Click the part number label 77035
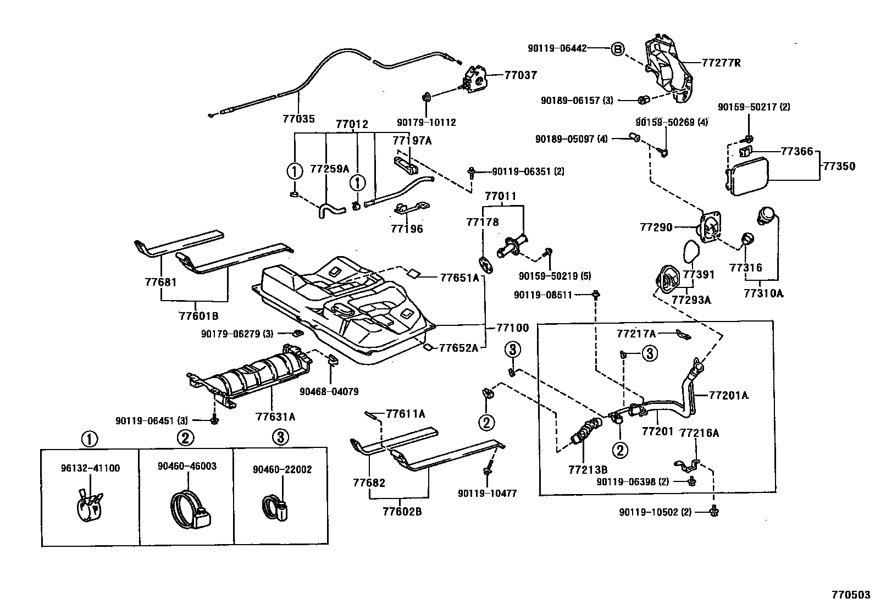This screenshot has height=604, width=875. (x=299, y=118)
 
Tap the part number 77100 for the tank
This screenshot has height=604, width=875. (x=512, y=328)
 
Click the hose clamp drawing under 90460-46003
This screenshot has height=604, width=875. (x=190, y=508)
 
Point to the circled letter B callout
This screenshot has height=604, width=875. (x=617, y=49)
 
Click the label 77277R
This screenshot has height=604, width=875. (x=721, y=63)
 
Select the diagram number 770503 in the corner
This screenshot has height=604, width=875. (x=850, y=595)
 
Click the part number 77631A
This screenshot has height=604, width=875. (x=275, y=417)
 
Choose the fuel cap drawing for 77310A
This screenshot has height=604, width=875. (x=766, y=215)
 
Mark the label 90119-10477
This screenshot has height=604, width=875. (x=487, y=494)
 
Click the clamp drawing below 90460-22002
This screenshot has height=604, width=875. (x=275, y=507)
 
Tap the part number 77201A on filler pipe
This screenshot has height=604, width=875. (x=728, y=395)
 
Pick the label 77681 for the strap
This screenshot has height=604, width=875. (x=160, y=282)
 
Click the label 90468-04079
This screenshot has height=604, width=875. (x=329, y=392)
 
